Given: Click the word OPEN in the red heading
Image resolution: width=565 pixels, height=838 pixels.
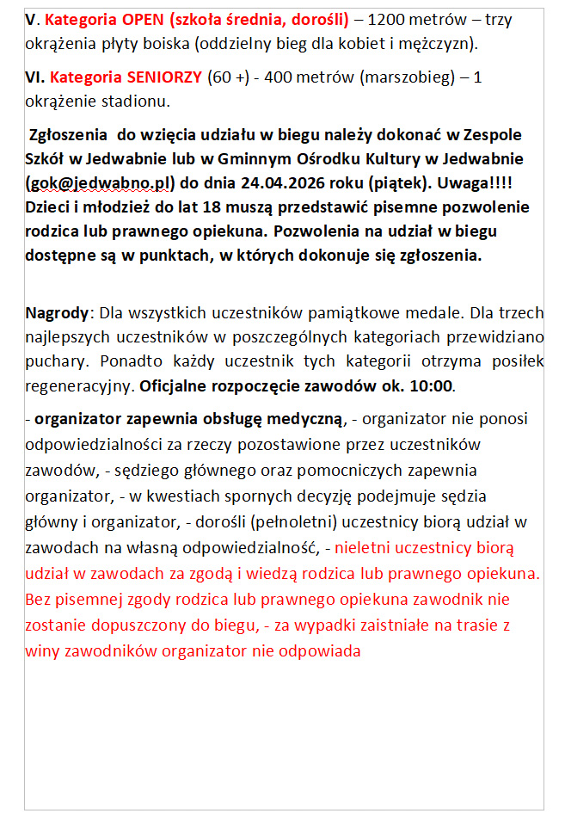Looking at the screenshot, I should [143, 19].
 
